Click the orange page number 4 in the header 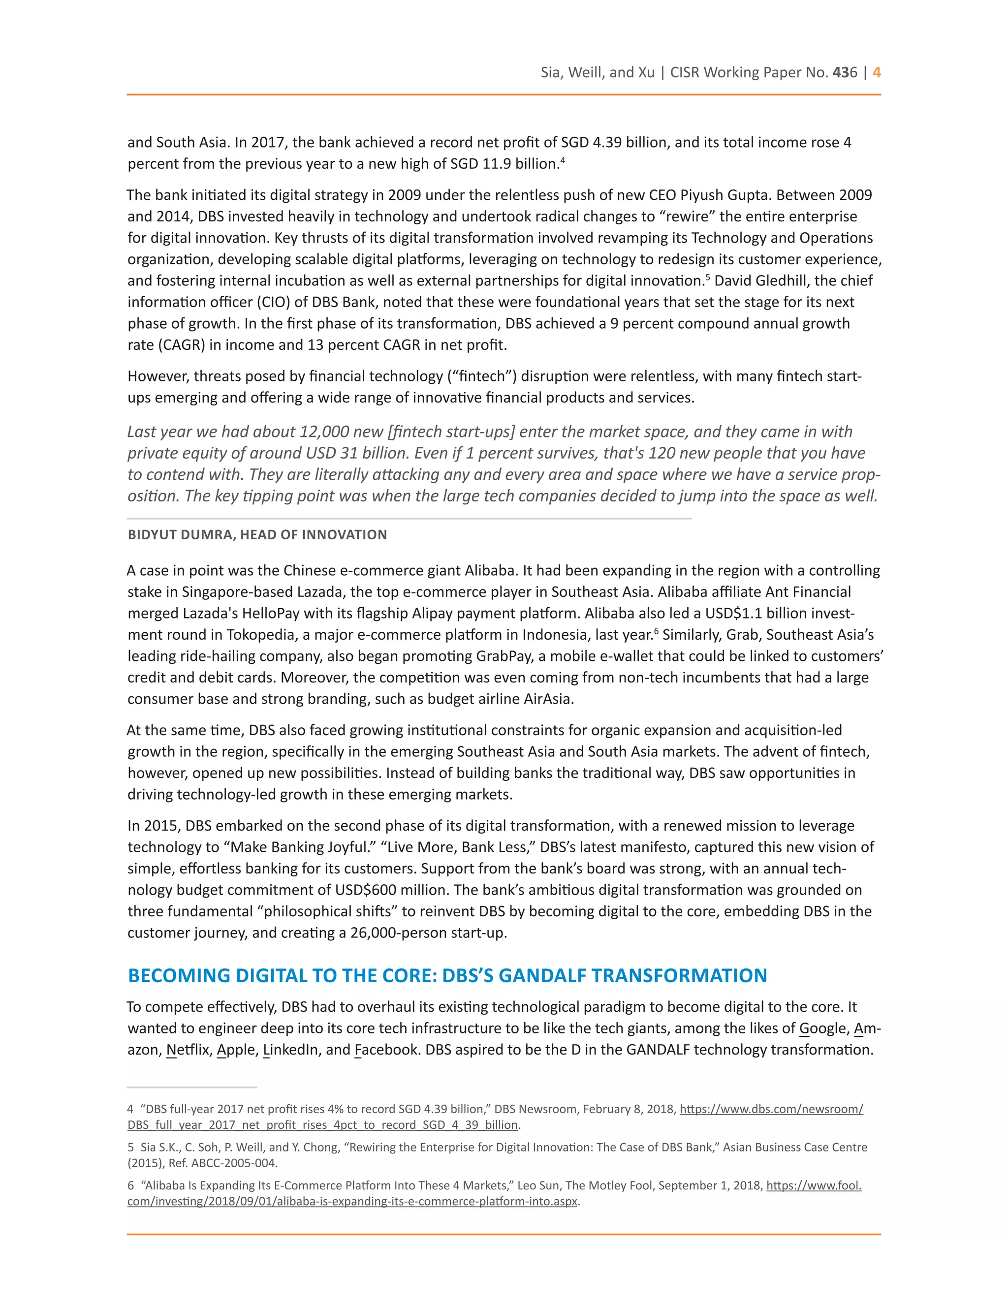pos(876,73)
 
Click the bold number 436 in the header pos(845,73)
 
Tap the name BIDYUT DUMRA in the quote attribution pos(180,534)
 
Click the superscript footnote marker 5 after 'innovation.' pos(708,277)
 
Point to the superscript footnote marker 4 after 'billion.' pos(563,160)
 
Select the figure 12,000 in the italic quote pos(327,432)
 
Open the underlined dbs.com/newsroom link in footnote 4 pos(771,1109)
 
